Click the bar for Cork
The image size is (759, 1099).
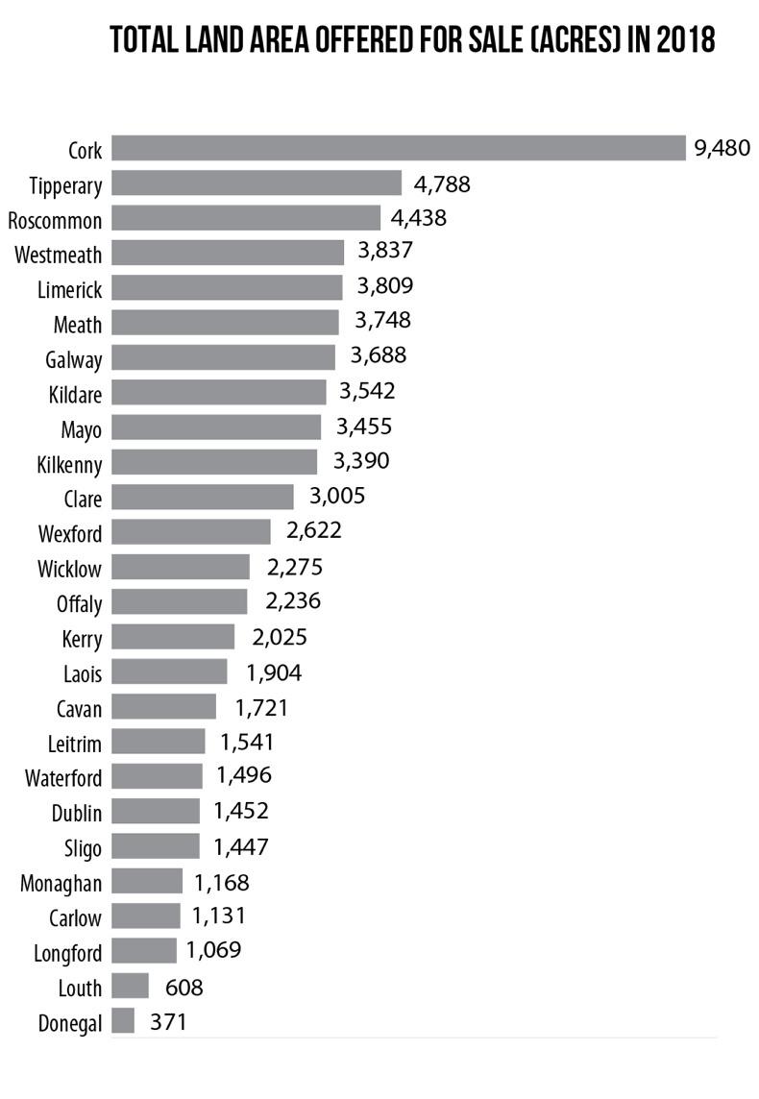point(398,148)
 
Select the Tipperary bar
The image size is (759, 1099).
point(257,183)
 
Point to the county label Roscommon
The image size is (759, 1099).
point(55,220)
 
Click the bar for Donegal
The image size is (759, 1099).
point(123,1020)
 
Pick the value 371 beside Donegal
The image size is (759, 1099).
point(168,1020)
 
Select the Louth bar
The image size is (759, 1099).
point(131,987)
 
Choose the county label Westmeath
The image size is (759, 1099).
point(59,254)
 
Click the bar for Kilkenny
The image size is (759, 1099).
point(214,462)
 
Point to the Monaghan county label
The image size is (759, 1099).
point(61,883)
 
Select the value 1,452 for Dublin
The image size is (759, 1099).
point(240,811)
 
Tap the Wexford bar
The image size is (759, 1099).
point(191,531)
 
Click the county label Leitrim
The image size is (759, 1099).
point(74,743)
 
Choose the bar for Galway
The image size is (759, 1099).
point(223,357)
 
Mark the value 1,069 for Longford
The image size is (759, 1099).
point(213,951)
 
